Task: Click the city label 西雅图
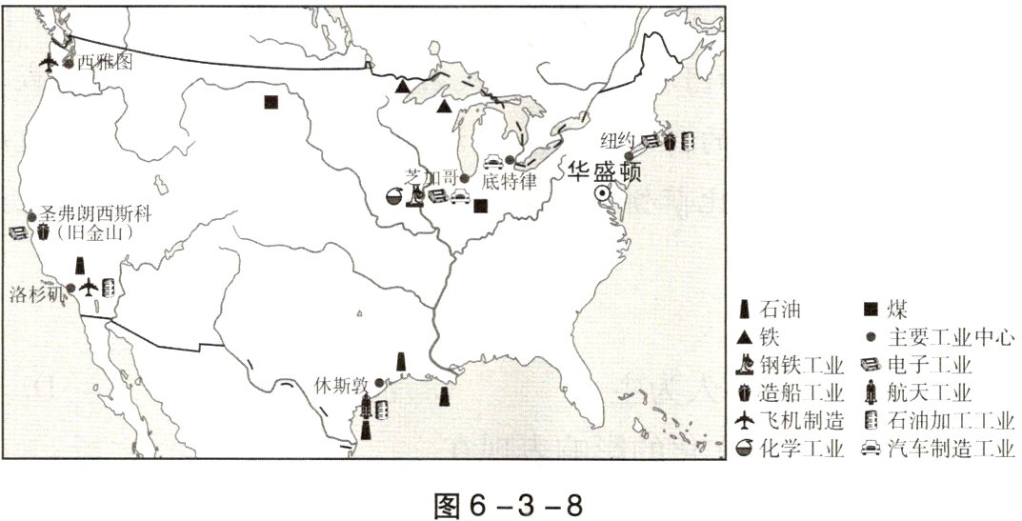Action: (104, 64)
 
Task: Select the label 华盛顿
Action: (603, 171)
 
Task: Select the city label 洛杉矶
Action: (36, 291)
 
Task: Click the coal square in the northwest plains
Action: (271, 102)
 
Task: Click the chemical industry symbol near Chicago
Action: (391, 196)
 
